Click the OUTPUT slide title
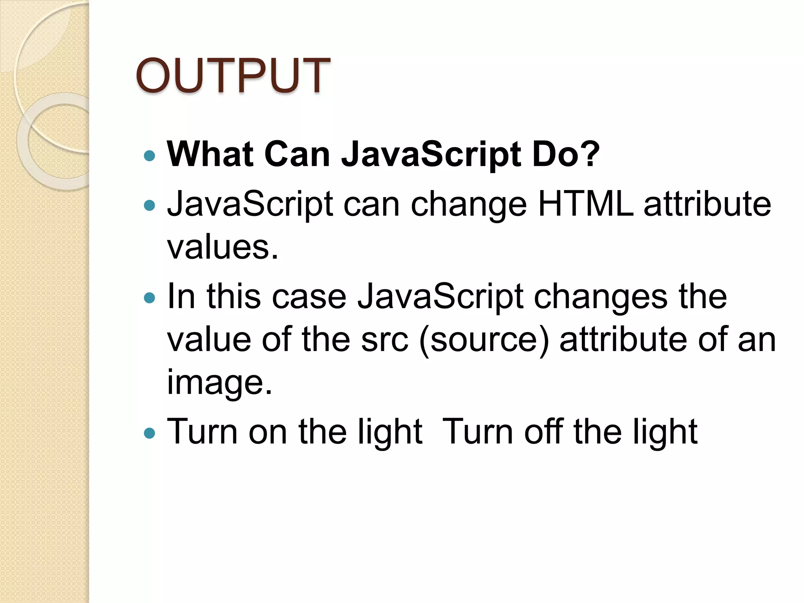(233, 75)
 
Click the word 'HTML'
(585, 204)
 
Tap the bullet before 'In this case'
(150, 298)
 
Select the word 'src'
(385, 339)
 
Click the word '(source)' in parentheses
(484, 340)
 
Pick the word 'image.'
(219, 382)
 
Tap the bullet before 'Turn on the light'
(150, 433)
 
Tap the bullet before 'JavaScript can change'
(150, 205)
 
